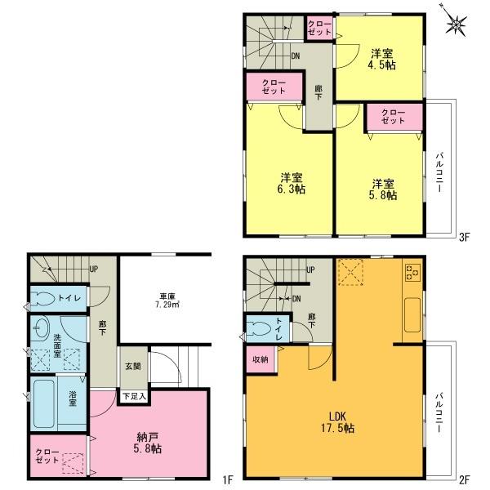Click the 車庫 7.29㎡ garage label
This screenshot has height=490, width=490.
[x=168, y=303]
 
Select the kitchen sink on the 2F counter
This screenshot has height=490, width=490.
[x=411, y=312]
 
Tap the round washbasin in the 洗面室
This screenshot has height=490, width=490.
[x=42, y=328]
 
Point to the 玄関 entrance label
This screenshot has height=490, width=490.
[x=131, y=366]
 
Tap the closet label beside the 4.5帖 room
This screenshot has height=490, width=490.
[x=320, y=28]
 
